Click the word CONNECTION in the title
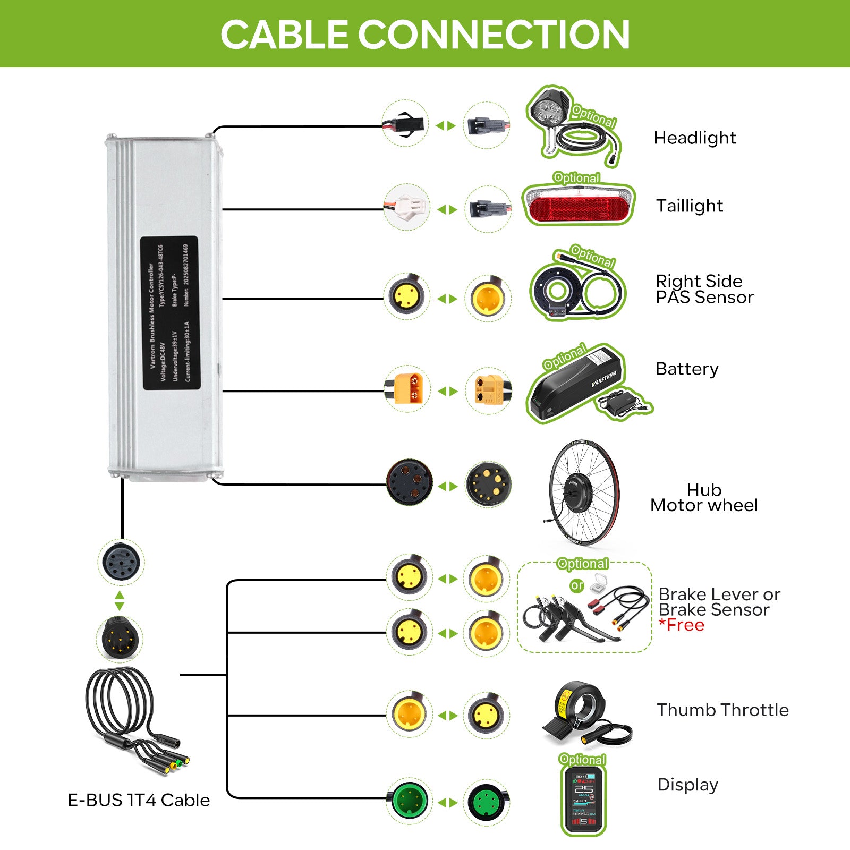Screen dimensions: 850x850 494,35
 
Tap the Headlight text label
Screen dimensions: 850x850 694,138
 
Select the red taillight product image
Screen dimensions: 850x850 579,205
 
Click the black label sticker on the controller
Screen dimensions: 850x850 169,313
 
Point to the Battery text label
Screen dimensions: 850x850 687,369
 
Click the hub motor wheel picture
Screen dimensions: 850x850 583,492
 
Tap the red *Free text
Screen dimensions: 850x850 682,625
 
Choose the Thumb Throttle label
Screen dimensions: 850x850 722,710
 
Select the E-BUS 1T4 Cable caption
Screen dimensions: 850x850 139,800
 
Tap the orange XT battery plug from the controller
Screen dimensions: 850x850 407,388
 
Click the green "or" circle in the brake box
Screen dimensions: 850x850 577,585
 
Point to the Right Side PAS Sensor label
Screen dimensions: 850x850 704,289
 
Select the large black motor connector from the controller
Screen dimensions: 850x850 409,482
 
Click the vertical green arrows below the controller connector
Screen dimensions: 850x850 120,600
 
